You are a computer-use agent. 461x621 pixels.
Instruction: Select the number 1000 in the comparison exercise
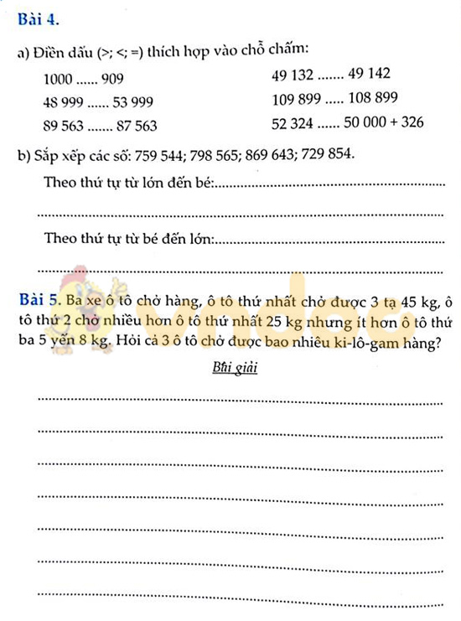tap(58, 80)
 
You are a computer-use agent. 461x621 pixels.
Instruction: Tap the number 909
tap(111, 80)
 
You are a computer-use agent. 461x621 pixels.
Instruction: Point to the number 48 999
tap(65, 103)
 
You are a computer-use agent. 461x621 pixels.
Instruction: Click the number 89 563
tap(65, 126)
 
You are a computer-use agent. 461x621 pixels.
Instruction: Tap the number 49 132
tap(293, 75)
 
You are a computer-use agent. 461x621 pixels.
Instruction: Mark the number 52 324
tap(293, 122)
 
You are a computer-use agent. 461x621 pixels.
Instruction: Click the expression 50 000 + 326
tap(382, 122)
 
